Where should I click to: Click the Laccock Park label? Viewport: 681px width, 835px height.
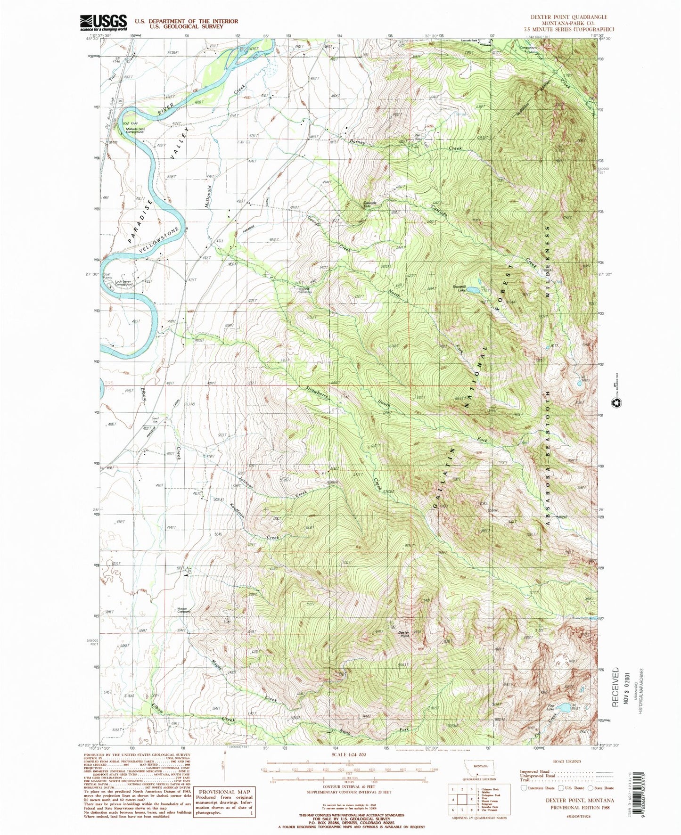pyautogui.click(x=469, y=40)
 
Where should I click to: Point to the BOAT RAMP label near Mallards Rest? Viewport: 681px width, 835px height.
pyautogui.click(x=117, y=124)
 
